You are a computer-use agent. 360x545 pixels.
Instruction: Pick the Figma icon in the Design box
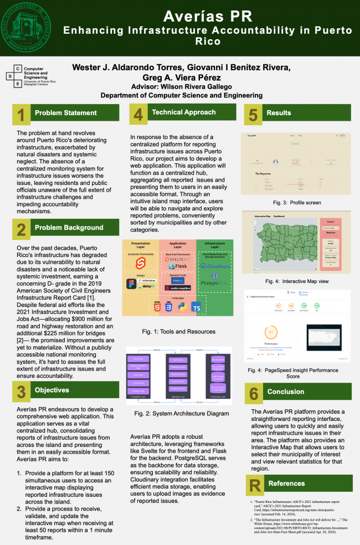coord(131,284)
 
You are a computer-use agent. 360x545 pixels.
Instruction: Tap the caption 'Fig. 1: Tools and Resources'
coord(178,332)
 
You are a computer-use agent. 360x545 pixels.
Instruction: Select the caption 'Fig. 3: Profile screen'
coord(296,203)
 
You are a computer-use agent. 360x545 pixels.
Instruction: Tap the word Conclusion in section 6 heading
coord(285,392)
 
